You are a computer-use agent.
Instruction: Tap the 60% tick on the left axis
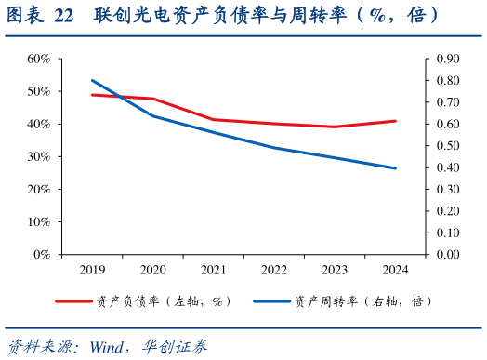click(x=38, y=59)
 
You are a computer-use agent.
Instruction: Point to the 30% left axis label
click(x=38, y=156)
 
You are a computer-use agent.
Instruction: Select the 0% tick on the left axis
click(x=42, y=254)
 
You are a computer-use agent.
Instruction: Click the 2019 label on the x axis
click(x=93, y=270)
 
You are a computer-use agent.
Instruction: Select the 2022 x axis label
click(x=274, y=270)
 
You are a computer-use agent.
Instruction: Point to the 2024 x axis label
click(x=395, y=270)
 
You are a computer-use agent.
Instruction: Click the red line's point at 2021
click(x=214, y=119)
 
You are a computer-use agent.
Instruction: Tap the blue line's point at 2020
click(x=153, y=115)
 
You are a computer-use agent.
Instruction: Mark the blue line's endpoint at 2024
click(x=395, y=168)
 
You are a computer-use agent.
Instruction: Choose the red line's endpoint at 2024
click(x=395, y=121)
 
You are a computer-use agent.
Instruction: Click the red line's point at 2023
click(x=335, y=127)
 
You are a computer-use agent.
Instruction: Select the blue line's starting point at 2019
click(x=93, y=80)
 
